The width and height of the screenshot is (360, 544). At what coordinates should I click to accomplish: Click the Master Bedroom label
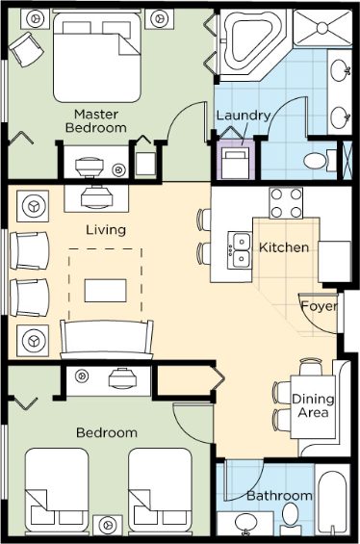(96, 121)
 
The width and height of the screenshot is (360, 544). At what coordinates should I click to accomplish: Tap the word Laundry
(244, 116)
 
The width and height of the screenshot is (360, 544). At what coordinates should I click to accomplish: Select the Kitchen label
(284, 247)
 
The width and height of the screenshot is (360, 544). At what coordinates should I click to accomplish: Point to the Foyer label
(319, 306)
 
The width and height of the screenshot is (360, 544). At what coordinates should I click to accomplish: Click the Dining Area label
(313, 405)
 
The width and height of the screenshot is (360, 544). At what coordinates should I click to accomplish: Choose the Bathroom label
(279, 496)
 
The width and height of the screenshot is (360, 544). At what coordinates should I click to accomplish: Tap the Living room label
(106, 230)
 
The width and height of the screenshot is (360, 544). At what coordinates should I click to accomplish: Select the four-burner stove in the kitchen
(286, 203)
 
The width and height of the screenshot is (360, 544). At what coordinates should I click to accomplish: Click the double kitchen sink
(240, 250)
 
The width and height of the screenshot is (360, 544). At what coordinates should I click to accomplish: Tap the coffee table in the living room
(106, 291)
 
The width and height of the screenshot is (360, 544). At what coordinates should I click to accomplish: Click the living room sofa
(107, 339)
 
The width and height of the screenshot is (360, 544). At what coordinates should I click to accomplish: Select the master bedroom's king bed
(97, 57)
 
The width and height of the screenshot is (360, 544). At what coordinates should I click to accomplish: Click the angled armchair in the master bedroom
(26, 49)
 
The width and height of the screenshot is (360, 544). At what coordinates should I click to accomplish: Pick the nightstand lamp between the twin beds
(108, 526)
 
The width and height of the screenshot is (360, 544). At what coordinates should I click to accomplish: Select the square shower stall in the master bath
(322, 28)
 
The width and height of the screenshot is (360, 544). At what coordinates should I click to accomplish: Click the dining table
(313, 406)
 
